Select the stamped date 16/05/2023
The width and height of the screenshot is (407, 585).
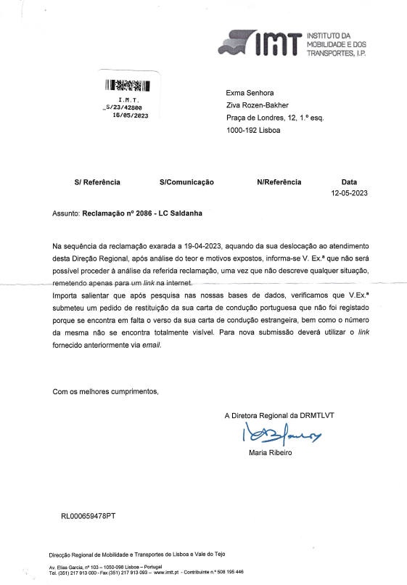(131, 115)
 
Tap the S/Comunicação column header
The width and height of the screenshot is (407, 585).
(186, 182)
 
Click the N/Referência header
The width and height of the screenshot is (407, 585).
(279, 182)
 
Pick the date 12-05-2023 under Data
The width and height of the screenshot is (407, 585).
(350, 194)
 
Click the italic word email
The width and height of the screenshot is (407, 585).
(149, 345)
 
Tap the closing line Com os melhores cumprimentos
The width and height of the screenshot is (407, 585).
(105, 392)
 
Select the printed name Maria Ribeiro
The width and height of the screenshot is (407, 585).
(270, 453)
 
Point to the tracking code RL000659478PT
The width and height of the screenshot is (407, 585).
(89, 516)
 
